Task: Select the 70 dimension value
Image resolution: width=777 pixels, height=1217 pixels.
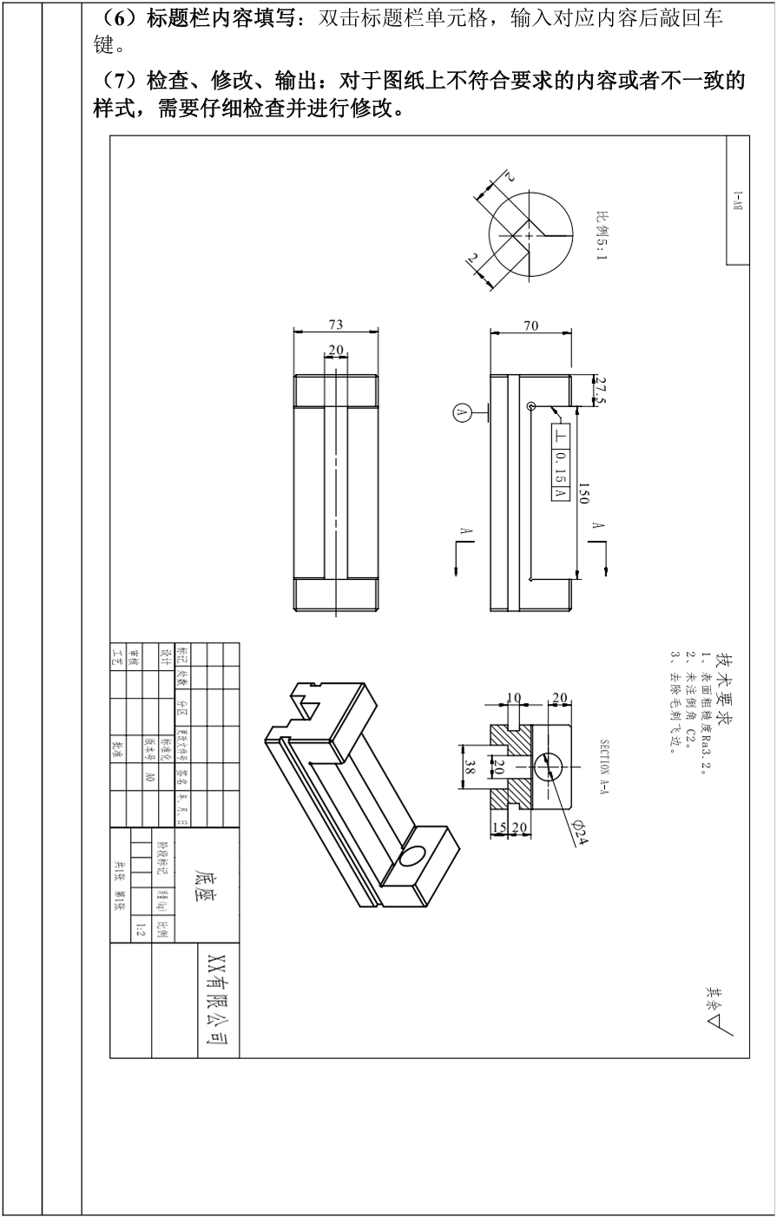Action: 530,326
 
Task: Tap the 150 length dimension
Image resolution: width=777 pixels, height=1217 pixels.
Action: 584,494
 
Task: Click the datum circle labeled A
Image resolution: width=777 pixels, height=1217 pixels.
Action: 462,413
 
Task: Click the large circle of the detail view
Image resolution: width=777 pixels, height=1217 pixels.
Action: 530,233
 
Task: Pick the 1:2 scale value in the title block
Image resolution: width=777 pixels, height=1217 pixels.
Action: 141,931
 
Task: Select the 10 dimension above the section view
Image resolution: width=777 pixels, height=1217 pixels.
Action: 514,697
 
